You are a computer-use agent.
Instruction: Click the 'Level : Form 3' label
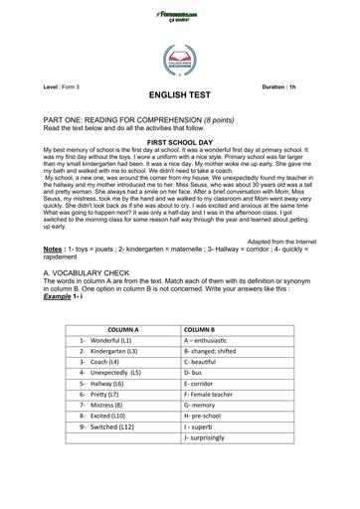coord(66,87)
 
